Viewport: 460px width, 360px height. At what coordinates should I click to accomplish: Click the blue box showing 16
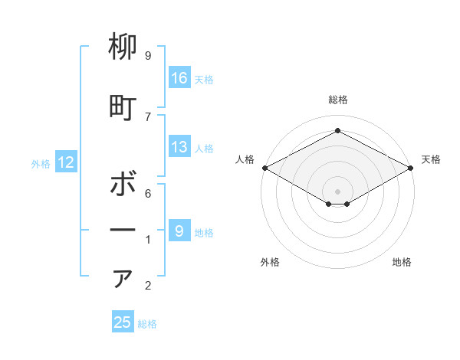179,78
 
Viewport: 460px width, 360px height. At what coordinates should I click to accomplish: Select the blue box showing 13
179,147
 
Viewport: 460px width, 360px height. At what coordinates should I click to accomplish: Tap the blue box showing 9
179,231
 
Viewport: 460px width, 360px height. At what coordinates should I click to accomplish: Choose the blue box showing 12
66,162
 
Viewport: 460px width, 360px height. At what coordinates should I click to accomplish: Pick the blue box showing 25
123,322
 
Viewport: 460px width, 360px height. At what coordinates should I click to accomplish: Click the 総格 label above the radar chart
337,100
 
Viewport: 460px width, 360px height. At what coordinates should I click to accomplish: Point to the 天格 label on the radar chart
431,159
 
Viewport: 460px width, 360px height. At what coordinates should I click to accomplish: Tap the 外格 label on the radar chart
270,262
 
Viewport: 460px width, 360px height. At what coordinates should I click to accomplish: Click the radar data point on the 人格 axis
264,168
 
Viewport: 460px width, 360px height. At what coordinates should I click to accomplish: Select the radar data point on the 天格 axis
411,168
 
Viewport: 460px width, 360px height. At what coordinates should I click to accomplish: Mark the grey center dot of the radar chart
337,190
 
